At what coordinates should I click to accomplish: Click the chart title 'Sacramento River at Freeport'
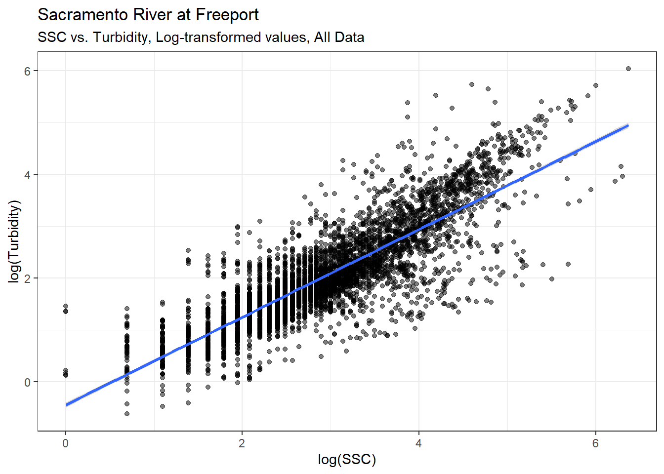coord(148,15)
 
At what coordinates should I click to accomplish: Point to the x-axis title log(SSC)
coord(347,460)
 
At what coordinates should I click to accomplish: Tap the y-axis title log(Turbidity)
coord(15,241)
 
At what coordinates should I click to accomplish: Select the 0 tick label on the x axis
coord(65,443)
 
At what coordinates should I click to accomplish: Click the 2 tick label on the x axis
coord(242,443)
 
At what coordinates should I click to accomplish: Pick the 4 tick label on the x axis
coord(418,443)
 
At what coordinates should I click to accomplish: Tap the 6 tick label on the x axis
coord(595,443)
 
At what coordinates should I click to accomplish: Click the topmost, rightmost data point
coord(628,69)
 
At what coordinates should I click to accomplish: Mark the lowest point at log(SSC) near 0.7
coord(127,414)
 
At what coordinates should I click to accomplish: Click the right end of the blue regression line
coord(627,125)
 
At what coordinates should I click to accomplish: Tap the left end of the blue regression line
coord(66,405)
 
